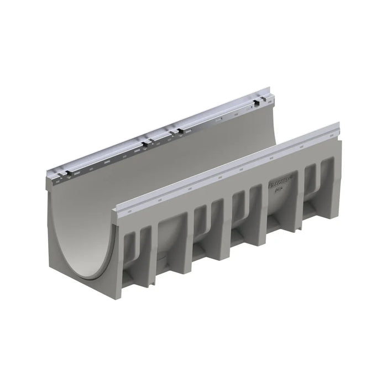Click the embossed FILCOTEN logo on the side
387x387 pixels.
283,180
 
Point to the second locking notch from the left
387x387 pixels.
145,144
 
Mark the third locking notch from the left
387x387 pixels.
179,131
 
